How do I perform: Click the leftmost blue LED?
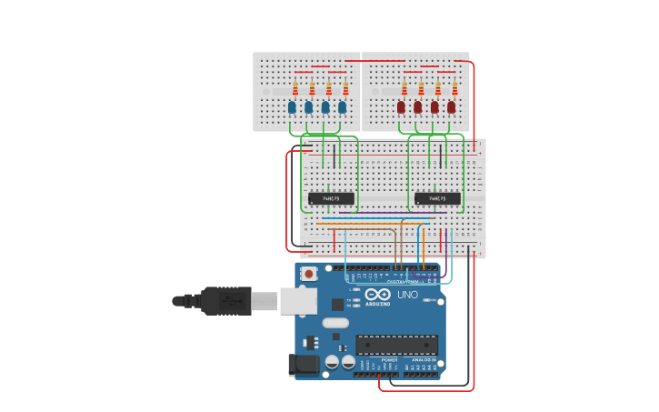coord(292,107)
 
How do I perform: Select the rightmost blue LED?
coord(343,107)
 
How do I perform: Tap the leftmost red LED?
coord(401,107)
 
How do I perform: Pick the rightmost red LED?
coord(452,107)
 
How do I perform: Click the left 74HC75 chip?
coord(331,198)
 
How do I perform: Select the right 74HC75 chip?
coord(437,198)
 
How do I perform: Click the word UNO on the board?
coord(408,295)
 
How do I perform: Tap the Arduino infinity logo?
coord(378,295)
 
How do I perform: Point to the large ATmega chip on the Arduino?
coord(396,345)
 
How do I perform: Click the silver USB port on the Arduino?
coord(297,301)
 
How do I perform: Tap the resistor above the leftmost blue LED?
coord(295,88)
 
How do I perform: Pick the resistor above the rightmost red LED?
coord(454,88)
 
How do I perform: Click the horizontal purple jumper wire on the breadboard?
coord(373,213)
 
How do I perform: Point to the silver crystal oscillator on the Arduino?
coord(335,322)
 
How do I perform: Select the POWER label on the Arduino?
coord(389,360)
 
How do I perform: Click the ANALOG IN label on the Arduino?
coord(424,360)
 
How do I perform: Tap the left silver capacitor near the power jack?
coord(333,362)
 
